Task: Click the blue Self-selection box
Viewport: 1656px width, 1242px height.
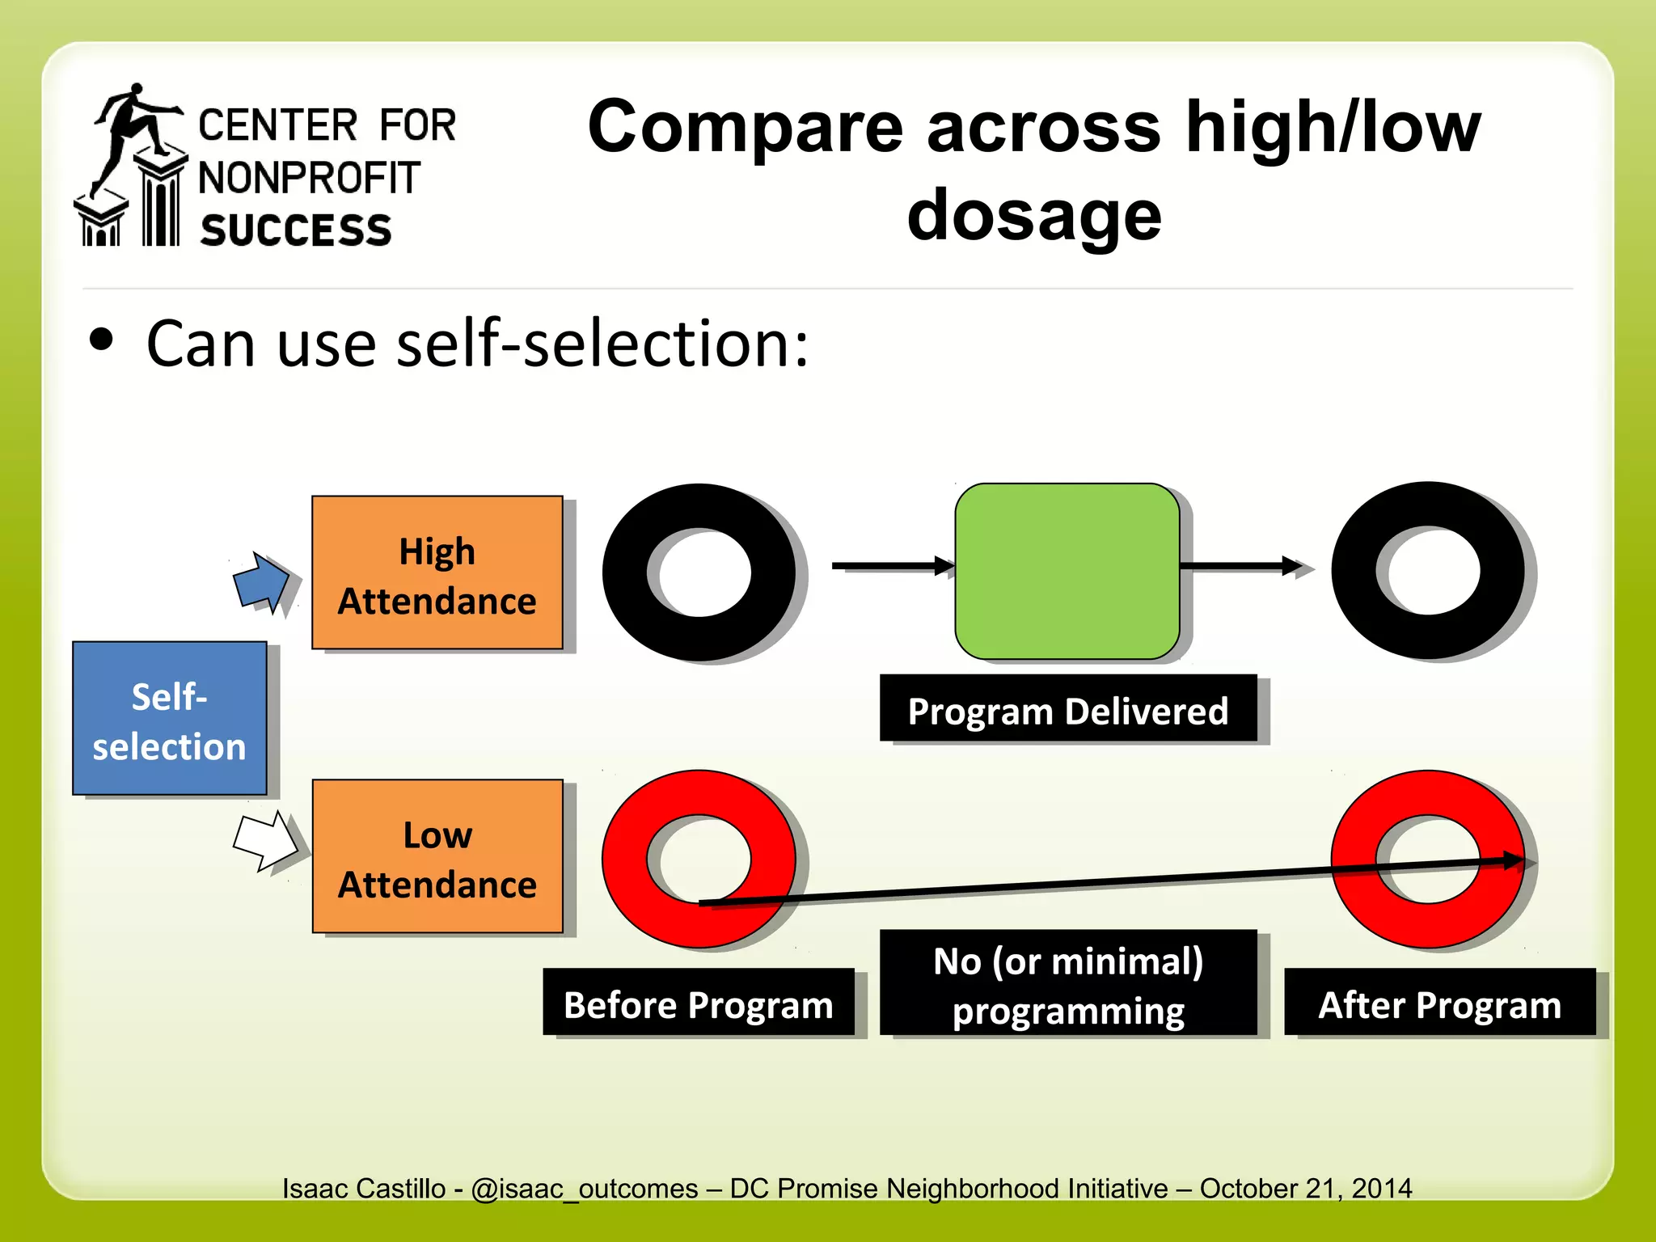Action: tap(169, 718)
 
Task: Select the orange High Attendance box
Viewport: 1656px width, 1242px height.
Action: tap(437, 572)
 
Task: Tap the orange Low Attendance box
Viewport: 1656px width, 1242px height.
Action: tap(437, 856)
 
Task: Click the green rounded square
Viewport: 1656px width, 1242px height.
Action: tap(1067, 571)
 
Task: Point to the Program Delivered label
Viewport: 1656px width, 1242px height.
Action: tap(1067, 708)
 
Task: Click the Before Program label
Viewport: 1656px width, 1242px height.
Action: tap(698, 1002)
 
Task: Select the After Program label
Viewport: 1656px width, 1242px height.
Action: tap(1439, 1002)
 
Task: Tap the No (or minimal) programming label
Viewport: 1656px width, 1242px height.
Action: tap(1067, 982)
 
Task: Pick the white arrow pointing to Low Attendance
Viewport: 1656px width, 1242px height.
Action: tap(264, 841)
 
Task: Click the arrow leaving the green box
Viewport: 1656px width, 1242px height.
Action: tap(1241, 566)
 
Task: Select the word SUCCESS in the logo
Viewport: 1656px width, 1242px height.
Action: tap(296, 230)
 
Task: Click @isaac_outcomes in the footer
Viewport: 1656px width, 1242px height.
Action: tap(584, 1188)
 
